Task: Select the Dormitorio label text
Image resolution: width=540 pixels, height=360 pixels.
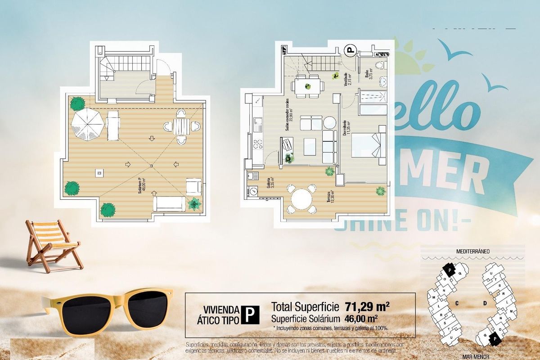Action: (x=345, y=127)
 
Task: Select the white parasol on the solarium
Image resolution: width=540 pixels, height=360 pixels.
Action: (x=87, y=125)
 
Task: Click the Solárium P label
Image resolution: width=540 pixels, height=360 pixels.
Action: (x=142, y=184)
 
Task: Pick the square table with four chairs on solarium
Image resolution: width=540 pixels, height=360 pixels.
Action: (x=182, y=126)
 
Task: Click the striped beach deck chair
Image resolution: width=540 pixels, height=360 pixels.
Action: (x=52, y=244)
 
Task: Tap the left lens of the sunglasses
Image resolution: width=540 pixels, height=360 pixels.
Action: (x=83, y=314)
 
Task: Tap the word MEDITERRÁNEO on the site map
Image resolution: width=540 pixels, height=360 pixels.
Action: (x=472, y=251)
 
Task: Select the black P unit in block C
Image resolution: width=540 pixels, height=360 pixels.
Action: (x=449, y=269)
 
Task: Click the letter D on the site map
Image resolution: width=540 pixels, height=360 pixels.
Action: (x=485, y=303)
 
